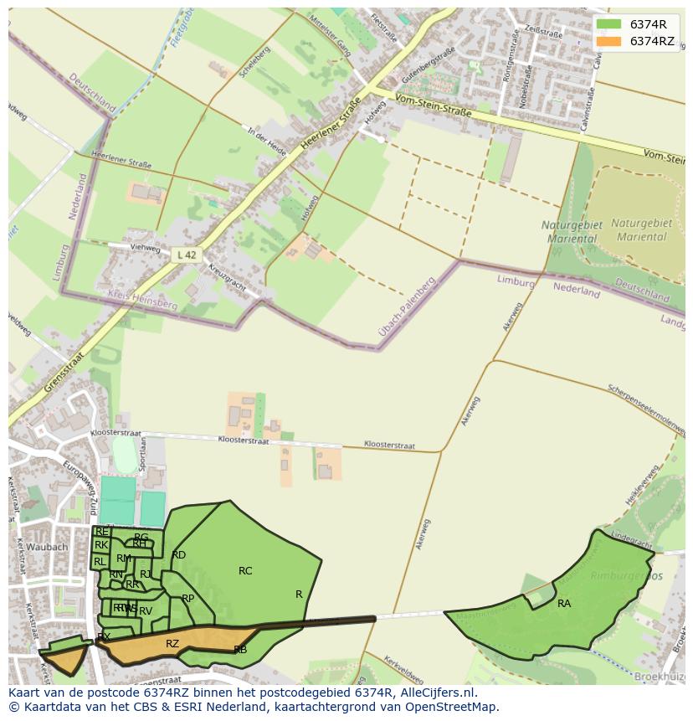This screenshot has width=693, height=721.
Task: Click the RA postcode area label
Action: click(564, 603)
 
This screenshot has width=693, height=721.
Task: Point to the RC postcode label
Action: click(245, 571)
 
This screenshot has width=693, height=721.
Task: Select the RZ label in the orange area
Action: click(172, 644)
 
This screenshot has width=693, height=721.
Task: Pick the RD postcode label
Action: click(178, 555)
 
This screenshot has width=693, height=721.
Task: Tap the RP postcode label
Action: click(187, 598)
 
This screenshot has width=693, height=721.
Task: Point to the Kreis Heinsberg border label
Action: click(142, 300)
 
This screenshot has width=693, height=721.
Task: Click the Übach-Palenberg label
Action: click(407, 307)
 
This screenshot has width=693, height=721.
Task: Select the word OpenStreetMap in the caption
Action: click(453, 707)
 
